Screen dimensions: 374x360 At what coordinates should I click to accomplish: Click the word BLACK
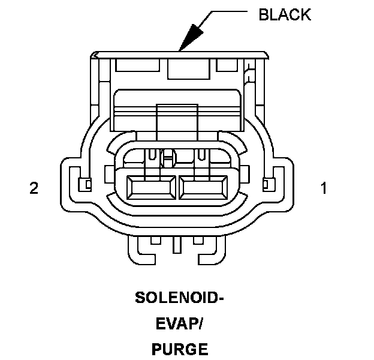[285, 14]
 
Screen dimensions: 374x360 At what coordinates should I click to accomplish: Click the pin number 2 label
[34, 188]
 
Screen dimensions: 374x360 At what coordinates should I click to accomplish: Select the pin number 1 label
[324, 188]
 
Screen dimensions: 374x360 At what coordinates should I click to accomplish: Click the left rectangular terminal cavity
[152, 188]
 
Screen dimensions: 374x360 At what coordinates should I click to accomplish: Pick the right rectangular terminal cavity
[203, 188]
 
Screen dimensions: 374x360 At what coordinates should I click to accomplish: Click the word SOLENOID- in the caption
[179, 298]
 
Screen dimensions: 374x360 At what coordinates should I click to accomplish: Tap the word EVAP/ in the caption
[179, 323]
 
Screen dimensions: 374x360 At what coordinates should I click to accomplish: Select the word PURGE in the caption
[180, 349]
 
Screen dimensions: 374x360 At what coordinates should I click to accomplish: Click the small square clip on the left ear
[85, 184]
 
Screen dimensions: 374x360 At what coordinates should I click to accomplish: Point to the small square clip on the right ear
[269, 184]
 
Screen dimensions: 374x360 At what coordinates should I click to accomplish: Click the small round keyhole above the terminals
[168, 158]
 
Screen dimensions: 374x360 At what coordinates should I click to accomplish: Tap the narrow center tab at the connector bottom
[177, 245]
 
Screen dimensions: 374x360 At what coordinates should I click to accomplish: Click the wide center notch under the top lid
[189, 69]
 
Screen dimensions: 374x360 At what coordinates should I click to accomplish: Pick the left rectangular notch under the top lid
[137, 65]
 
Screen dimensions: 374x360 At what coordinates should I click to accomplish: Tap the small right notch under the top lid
[227, 65]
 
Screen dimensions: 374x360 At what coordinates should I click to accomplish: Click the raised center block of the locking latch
[177, 122]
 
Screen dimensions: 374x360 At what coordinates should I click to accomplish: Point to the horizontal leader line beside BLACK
[229, 11]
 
